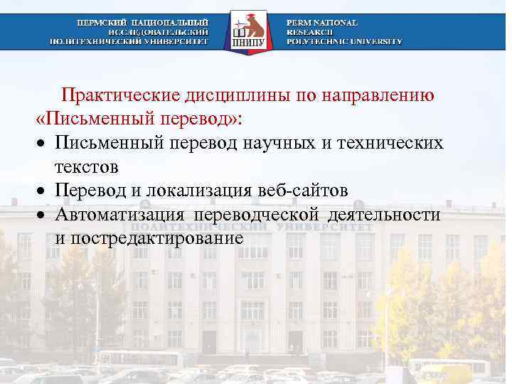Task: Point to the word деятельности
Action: (387, 214)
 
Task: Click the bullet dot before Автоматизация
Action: (43, 215)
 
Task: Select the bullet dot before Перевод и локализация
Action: (43, 192)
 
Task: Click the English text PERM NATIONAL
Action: (322, 23)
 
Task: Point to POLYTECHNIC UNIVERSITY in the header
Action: (344, 41)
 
